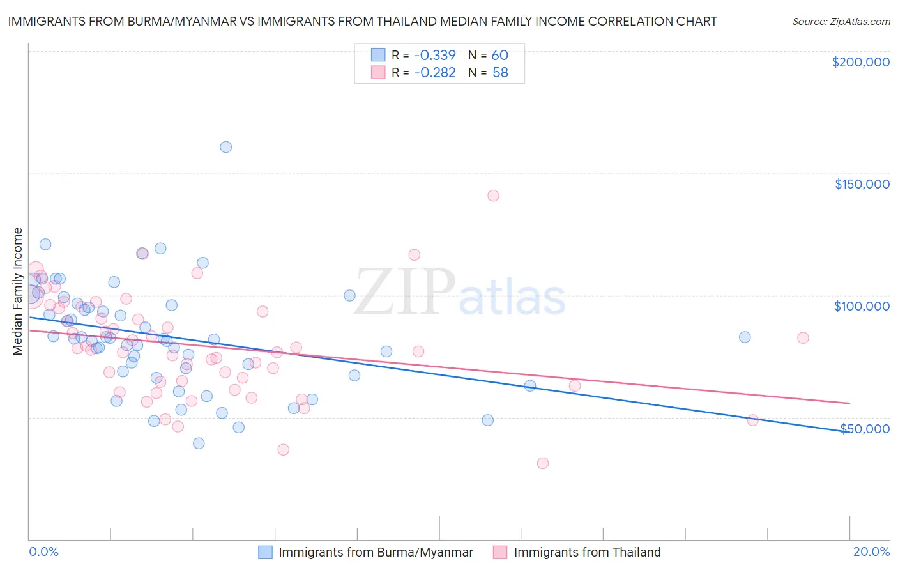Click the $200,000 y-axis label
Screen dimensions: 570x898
(860, 62)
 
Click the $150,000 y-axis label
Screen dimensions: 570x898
(862, 184)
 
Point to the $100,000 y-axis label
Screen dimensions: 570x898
(862, 306)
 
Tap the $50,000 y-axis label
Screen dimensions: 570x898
(865, 428)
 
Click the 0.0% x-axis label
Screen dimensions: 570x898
(43, 551)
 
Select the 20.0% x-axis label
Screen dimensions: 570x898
(871, 551)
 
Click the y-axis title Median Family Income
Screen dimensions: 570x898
(18, 291)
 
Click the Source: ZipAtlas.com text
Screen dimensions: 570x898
(841, 22)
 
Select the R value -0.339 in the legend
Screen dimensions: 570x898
(434, 55)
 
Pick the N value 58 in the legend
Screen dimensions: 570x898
(500, 73)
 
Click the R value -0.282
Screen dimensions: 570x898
(434, 73)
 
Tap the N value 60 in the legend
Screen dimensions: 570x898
(499, 55)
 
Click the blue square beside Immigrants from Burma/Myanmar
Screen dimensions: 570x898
(265, 552)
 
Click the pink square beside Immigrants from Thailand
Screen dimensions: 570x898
(500, 552)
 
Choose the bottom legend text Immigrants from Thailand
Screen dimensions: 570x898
(587, 552)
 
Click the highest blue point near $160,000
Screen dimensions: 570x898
(225, 147)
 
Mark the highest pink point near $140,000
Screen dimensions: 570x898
(493, 196)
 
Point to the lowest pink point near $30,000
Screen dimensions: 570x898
(543, 463)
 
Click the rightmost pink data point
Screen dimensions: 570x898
(803, 338)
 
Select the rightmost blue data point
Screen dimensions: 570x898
(745, 337)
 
